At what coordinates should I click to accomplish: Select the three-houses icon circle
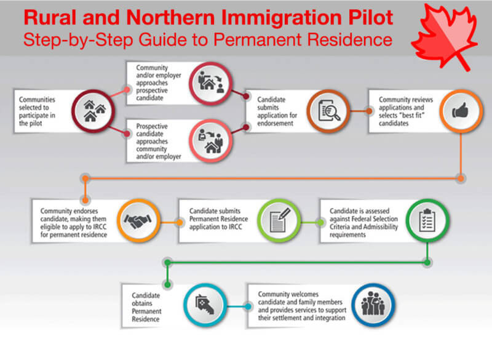(x=93, y=111)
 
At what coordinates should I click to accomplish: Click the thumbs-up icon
(x=460, y=111)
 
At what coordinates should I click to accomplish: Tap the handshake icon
(x=138, y=220)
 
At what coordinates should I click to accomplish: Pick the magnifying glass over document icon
(x=328, y=111)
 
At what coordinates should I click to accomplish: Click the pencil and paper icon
(x=279, y=220)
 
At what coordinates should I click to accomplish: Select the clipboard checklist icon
(x=427, y=220)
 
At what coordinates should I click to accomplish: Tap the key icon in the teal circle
(x=205, y=305)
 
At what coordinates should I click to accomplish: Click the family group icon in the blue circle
(x=373, y=305)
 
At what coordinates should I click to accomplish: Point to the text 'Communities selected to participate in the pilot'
(x=37, y=111)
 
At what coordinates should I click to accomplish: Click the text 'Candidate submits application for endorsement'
(x=277, y=111)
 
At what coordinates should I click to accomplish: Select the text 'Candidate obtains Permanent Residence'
(x=146, y=307)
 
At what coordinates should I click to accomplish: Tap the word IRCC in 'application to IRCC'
(x=235, y=226)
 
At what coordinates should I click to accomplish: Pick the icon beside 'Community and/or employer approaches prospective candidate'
(x=210, y=83)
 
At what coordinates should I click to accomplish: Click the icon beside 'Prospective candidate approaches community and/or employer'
(x=210, y=141)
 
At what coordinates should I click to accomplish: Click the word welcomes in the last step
(x=304, y=294)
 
